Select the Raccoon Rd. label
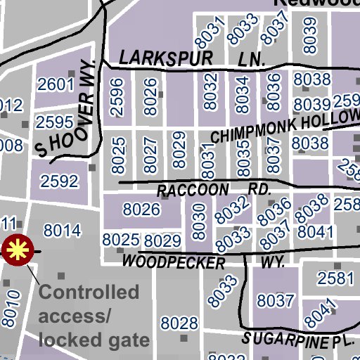(214, 191)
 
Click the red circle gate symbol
(17, 250)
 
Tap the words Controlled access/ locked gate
(94, 316)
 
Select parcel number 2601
(56, 85)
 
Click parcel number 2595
(55, 122)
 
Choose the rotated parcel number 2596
(117, 96)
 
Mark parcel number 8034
(243, 96)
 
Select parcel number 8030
(199, 220)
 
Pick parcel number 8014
(62, 230)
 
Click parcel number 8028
(179, 323)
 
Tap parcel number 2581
(335, 278)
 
